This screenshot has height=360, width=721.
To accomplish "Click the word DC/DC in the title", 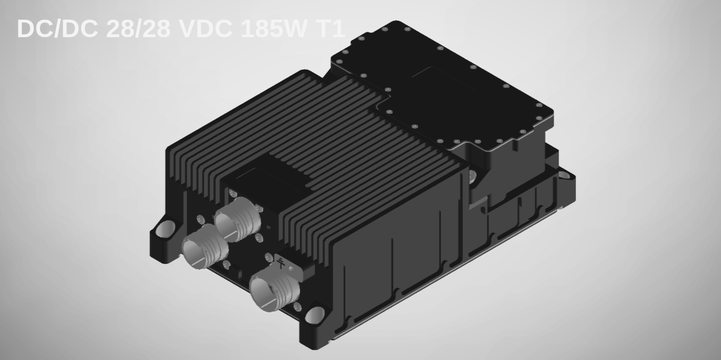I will [x=57, y=29].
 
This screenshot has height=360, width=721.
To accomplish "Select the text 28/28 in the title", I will [x=138, y=29].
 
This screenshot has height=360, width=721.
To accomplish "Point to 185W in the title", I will [x=270, y=29].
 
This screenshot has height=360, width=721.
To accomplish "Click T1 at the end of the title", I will [x=329, y=29].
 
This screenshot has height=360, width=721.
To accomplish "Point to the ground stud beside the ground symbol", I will [x=291, y=269].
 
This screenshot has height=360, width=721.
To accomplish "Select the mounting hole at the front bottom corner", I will [x=316, y=315].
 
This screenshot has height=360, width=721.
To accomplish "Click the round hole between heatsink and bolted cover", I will [x=471, y=175].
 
